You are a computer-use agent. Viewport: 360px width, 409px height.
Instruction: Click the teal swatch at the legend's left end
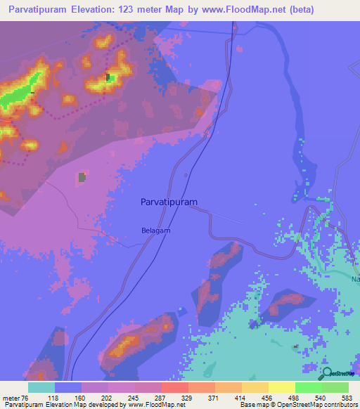pyautogui.click(x=41, y=387)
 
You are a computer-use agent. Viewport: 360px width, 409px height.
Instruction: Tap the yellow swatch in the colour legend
pyautogui.click(x=282, y=387)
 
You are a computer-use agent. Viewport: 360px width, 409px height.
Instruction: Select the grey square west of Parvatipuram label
pyautogui.click(x=82, y=177)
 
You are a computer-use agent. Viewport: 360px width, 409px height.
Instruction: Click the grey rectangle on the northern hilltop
pyautogui.click(x=108, y=77)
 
